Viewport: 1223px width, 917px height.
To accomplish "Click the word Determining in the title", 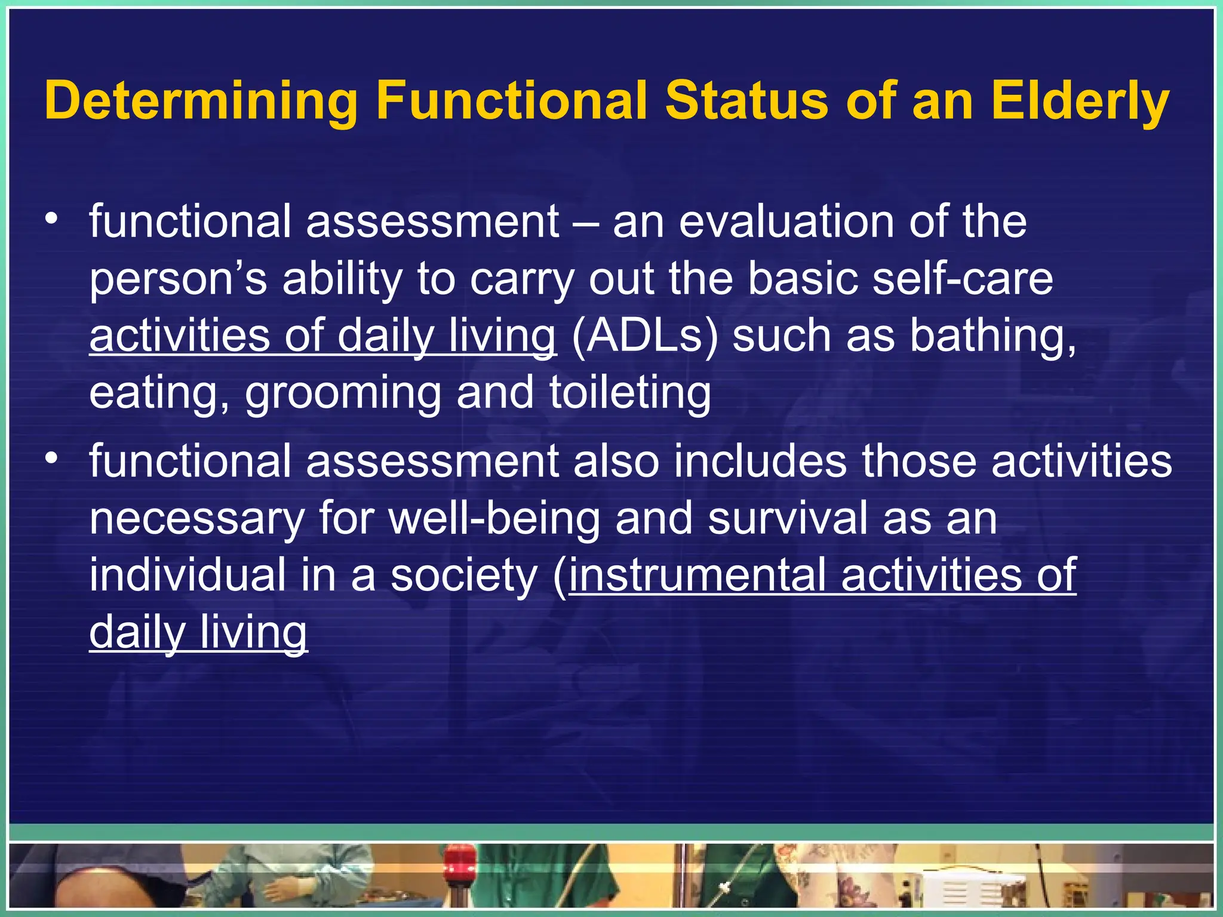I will [201, 101].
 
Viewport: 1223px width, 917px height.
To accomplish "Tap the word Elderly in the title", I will [1080, 101].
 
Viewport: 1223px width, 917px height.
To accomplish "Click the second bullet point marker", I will [53, 458].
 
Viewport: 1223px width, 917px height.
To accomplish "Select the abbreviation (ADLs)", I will [644, 336].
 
